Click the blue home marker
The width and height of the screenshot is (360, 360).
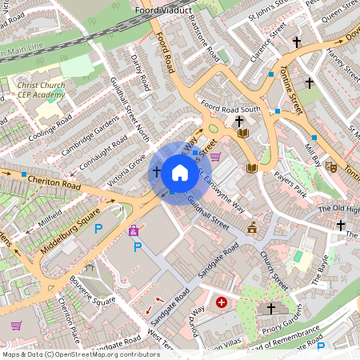tap(180, 172)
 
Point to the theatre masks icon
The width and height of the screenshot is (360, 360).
tap(330, 166)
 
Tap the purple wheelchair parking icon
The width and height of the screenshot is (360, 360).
tap(134, 231)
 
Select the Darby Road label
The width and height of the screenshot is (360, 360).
tap(141, 73)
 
